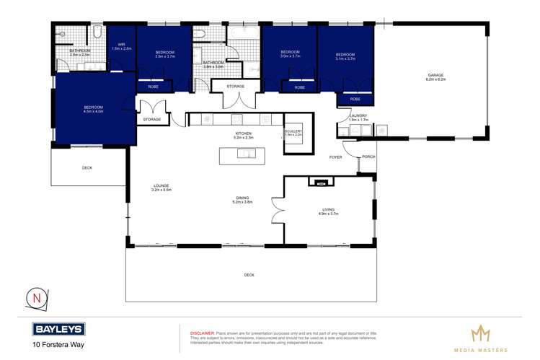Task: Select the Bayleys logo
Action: (59, 330)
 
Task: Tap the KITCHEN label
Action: (242, 133)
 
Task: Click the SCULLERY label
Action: (293, 132)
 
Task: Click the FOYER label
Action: (335, 157)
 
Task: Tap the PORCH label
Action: (368, 157)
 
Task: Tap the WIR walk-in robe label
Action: (122, 46)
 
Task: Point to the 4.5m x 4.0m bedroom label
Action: (94, 109)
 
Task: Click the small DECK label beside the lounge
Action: (87, 167)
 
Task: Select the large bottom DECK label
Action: (249, 275)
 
